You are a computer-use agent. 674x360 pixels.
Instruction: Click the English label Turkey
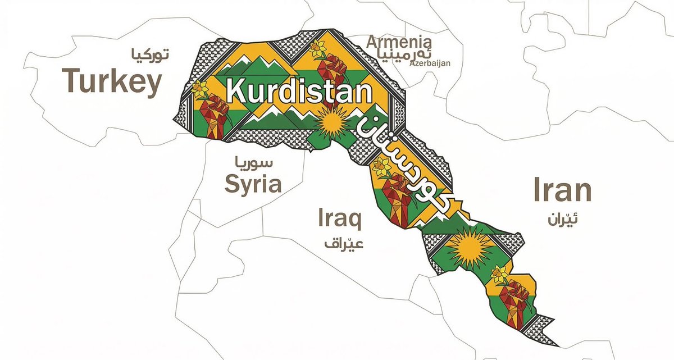coord(112,81)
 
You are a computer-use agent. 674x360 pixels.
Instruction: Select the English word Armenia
coord(399,43)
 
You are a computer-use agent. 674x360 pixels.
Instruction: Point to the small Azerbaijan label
coord(430,63)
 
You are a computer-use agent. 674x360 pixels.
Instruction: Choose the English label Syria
coord(253,183)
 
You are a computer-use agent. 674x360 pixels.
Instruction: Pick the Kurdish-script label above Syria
coord(254,164)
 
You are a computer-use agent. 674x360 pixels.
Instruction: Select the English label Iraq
coord(340,218)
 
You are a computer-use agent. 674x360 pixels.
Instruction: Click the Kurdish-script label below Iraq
coord(344,243)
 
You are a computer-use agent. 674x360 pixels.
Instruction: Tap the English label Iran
coord(562,190)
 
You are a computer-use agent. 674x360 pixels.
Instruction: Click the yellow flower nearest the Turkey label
coord(200,89)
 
